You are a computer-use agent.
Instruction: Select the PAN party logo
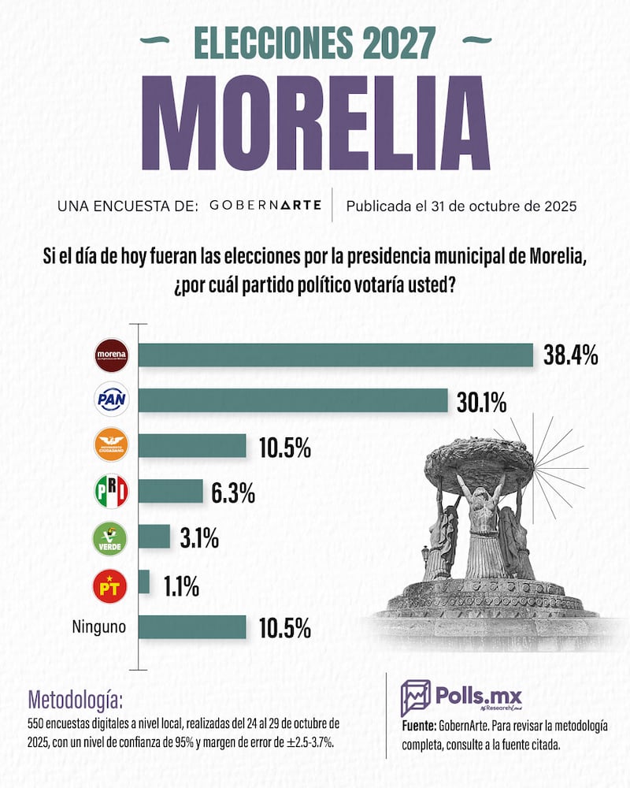111,400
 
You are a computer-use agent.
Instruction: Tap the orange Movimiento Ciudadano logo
111,445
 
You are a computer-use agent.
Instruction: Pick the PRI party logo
111,492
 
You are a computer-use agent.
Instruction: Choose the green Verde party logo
111,538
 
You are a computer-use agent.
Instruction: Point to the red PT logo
111,584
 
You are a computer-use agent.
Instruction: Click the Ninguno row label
99,628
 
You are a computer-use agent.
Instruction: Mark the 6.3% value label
232,493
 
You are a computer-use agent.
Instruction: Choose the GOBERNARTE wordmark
265,206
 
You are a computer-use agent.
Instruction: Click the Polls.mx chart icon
415,698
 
